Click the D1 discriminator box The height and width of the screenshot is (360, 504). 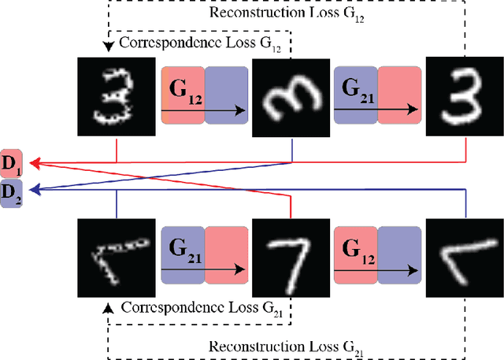point(12,163)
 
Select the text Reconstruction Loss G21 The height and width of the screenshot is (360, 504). point(286,346)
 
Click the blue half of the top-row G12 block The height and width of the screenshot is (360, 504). point(226,95)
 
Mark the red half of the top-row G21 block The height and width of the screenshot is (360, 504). point(400,95)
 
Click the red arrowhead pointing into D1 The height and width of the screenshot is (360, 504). point(36,163)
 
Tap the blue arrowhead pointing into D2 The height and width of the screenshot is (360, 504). point(36,189)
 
